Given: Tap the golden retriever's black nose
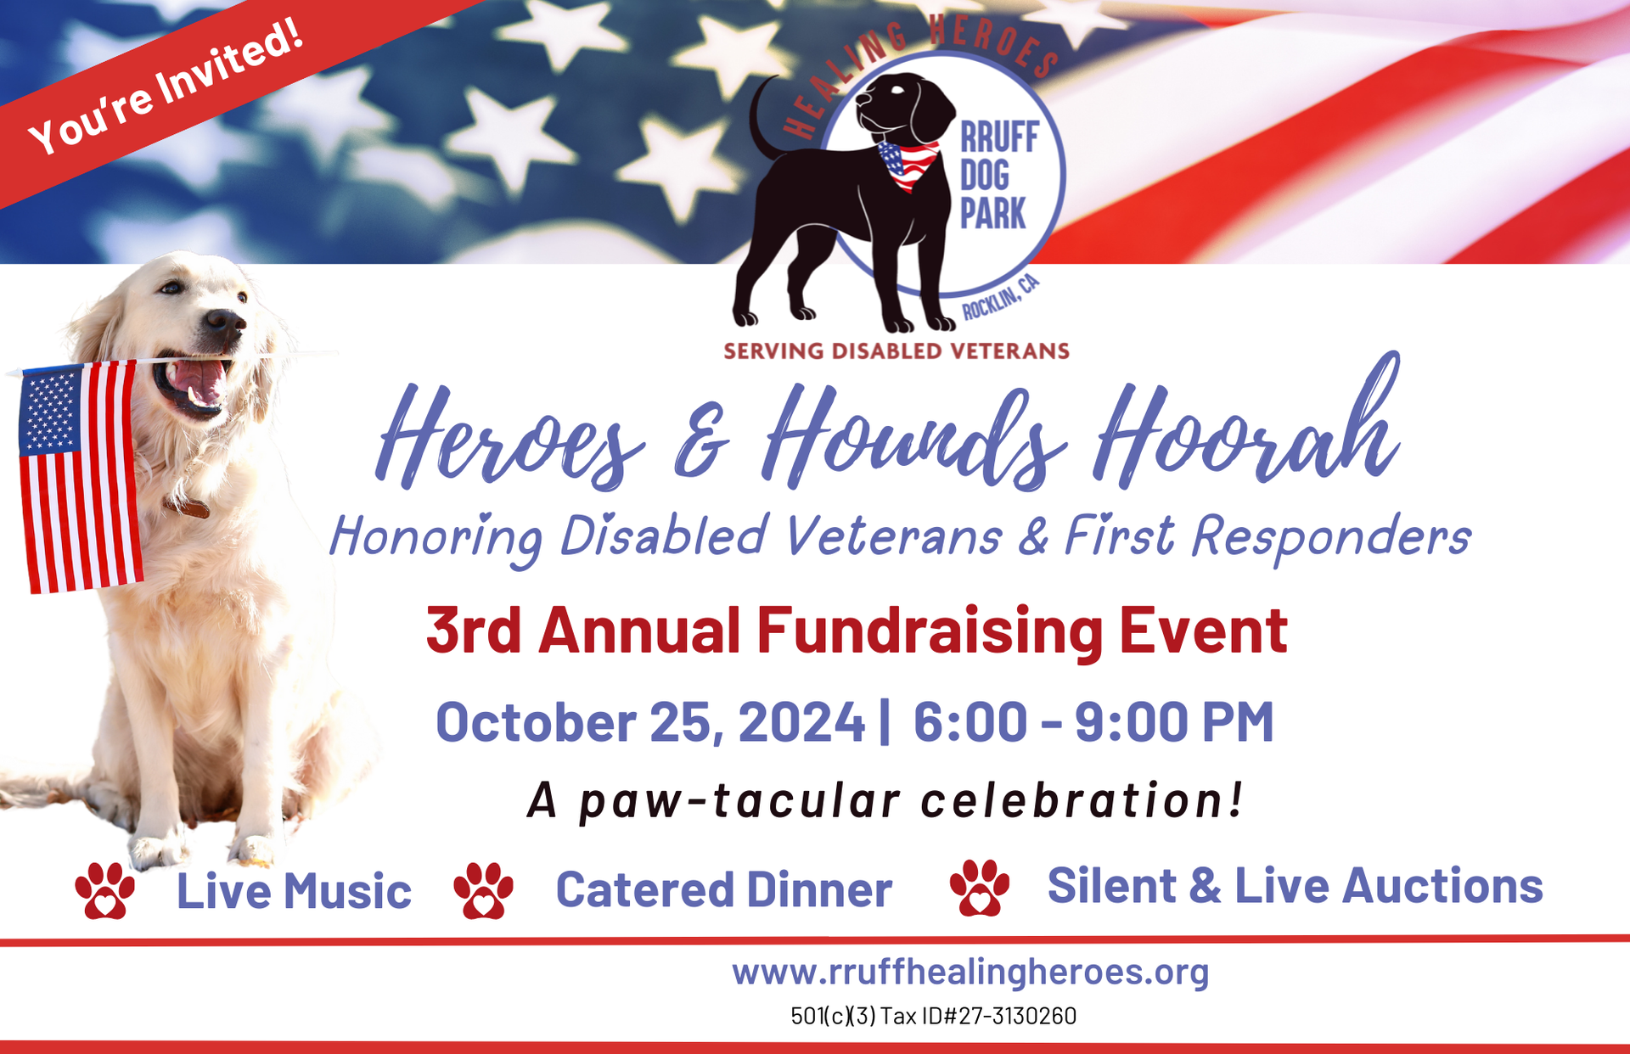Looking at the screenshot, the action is click(225, 322).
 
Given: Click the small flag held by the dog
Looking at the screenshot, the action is click(80, 477).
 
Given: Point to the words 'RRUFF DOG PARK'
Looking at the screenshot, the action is click(999, 176).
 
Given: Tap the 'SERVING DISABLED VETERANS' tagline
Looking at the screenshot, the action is click(896, 351).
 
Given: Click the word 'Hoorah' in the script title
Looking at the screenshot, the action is click(1246, 424).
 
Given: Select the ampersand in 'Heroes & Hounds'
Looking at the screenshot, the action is click(701, 441).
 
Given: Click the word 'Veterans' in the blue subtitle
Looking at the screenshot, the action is click(893, 536).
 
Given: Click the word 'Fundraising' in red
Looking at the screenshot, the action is click(930, 632).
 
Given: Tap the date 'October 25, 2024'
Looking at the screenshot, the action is click(650, 722).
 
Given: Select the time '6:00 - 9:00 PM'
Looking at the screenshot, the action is click(1093, 722).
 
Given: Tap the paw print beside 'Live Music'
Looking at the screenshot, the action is click(104, 891).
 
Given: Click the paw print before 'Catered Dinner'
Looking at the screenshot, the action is click(483, 891).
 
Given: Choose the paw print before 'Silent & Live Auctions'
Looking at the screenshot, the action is click(980, 888).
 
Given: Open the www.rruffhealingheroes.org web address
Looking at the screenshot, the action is click(970, 973).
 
